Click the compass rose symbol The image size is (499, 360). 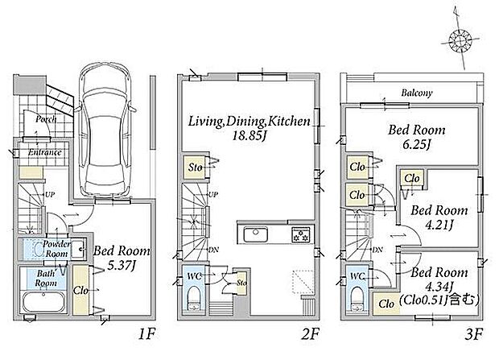pyautogui.click(x=460, y=40)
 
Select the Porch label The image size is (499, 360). pyautogui.click(x=46, y=119)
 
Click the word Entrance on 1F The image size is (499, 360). pyautogui.click(x=44, y=152)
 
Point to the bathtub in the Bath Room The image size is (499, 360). pyautogui.click(x=43, y=302)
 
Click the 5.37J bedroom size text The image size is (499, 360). pyautogui.click(x=122, y=265)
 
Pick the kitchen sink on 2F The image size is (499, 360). pyautogui.click(x=256, y=234)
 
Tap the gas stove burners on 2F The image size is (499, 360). pyautogui.click(x=301, y=235)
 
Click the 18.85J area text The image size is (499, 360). pyautogui.click(x=249, y=136)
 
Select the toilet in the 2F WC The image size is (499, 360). pyautogui.click(x=193, y=298)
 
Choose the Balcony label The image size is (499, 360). pyautogui.click(x=417, y=93)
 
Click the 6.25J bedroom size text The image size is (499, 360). pyautogui.click(x=417, y=145)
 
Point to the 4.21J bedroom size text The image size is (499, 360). pyautogui.click(x=439, y=226)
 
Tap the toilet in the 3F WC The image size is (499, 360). pyautogui.click(x=357, y=298)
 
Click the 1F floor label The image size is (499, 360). pyautogui.click(x=146, y=334)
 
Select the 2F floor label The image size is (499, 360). pyautogui.click(x=311, y=334)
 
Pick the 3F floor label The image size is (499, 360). pyautogui.click(x=474, y=334)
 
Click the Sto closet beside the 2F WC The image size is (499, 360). pyautogui.click(x=241, y=283)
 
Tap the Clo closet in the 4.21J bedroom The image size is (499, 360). pyautogui.click(x=412, y=179)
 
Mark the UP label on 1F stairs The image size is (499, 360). pyautogui.click(x=50, y=194)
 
